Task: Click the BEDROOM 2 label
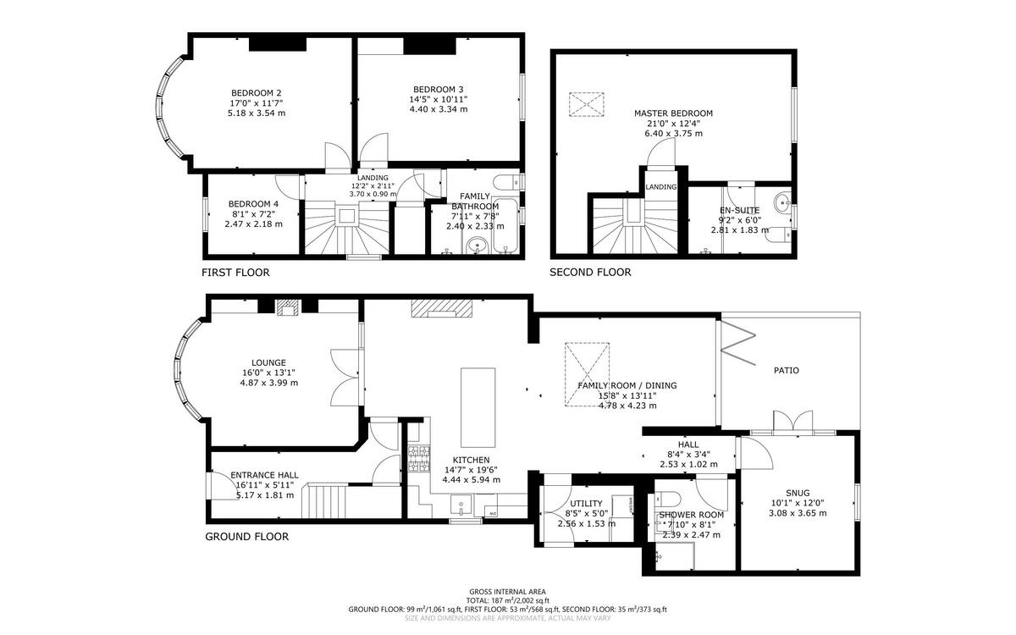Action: pyautogui.click(x=256, y=93)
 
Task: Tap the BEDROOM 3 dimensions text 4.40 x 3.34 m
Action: pyautogui.click(x=438, y=109)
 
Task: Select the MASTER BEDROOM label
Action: pyautogui.click(x=673, y=113)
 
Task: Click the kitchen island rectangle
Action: pyautogui.click(x=478, y=407)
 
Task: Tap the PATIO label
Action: pyautogui.click(x=786, y=370)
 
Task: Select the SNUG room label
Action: pyautogui.click(x=797, y=493)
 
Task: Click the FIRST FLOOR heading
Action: pyautogui.click(x=235, y=273)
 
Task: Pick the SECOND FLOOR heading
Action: pyautogui.click(x=590, y=273)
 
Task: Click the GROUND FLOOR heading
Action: pyautogui.click(x=246, y=537)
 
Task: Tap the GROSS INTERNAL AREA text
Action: pyautogui.click(x=507, y=592)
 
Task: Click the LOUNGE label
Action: pyautogui.click(x=268, y=362)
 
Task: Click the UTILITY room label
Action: pyautogui.click(x=585, y=504)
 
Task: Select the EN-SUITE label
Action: pyautogui.click(x=739, y=210)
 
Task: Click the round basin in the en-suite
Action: pyautogui.click(x=782, y=202)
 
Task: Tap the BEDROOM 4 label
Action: pyautogui.click(x=252, y=204)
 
